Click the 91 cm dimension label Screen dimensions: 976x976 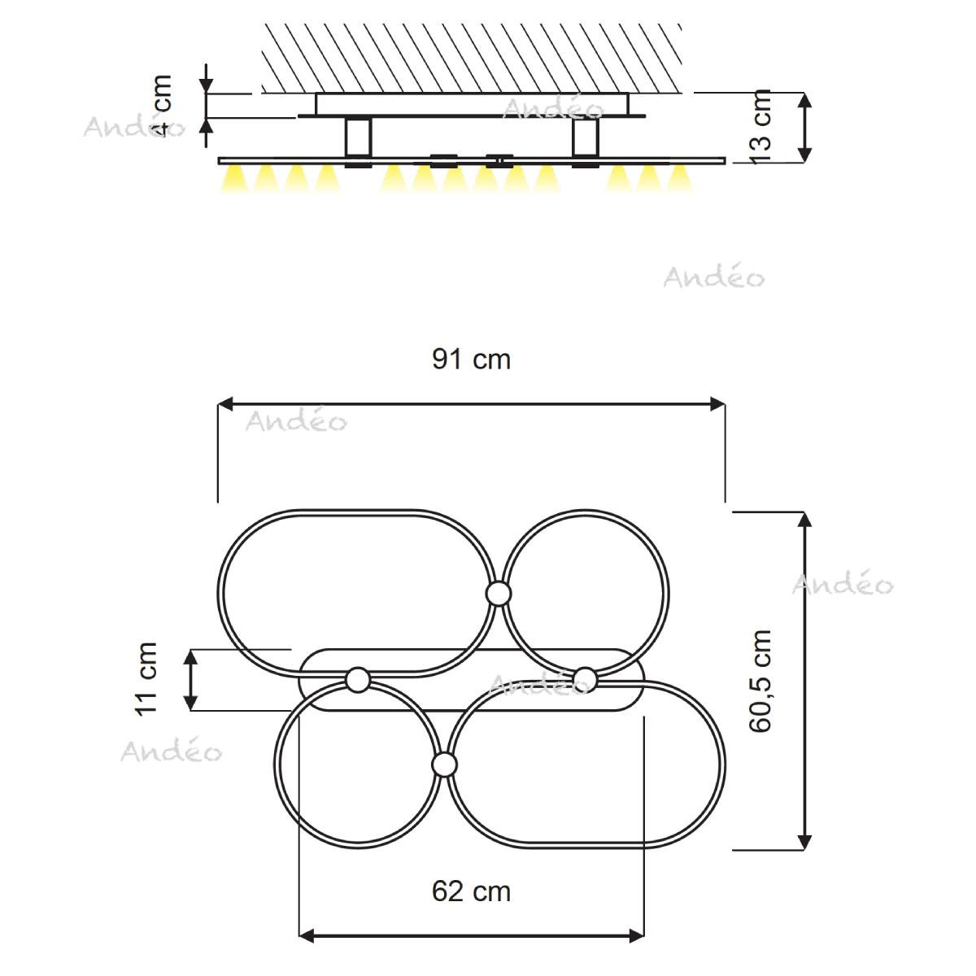[x=471, y=360]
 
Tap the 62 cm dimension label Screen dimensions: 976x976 [x=471, y=891]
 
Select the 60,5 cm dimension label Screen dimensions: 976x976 [x=760, y=681]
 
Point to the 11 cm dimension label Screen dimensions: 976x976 [x=146, y=678]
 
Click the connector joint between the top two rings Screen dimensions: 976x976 [x=499, y=593]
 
